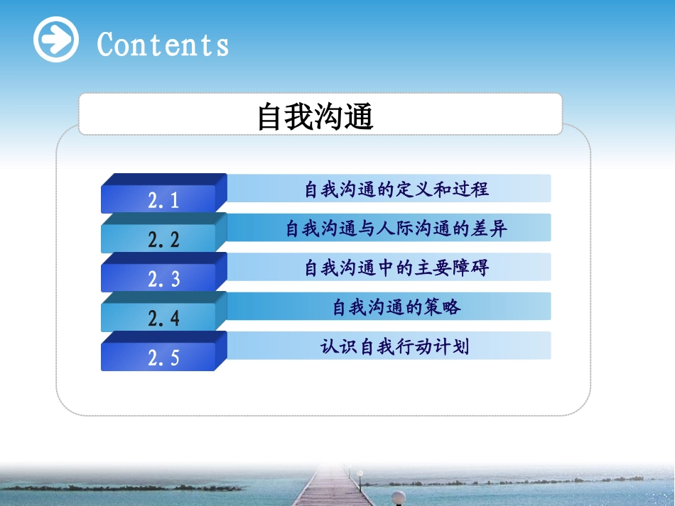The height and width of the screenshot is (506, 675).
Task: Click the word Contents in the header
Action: click(163, 44)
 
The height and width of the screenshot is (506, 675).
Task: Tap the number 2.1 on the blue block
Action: click(163, 201)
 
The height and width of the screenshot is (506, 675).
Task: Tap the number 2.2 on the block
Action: click(163, 240)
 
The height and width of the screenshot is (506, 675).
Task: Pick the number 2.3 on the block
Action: click(163, 280)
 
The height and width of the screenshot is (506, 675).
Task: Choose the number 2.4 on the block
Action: click(163, 319)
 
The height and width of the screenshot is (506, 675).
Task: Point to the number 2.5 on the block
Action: click(163, 358)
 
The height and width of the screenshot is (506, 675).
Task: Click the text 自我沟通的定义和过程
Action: click(396, 189)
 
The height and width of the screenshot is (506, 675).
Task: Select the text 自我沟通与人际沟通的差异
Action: click(396, 229)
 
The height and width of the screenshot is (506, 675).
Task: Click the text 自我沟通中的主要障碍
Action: click(396, 268)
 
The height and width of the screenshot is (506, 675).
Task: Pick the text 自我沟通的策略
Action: click(396, 307)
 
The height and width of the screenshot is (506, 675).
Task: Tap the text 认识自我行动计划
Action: click(395, 347)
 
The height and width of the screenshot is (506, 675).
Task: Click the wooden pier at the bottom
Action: click(334, 490)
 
